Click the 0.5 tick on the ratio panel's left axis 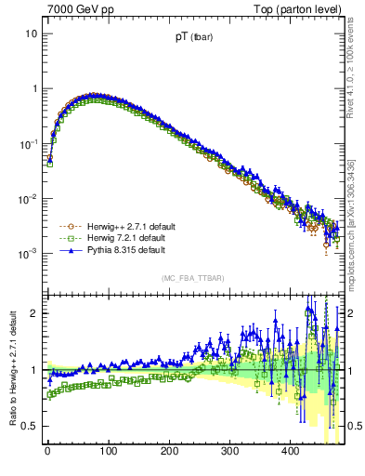tap(29, 426)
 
